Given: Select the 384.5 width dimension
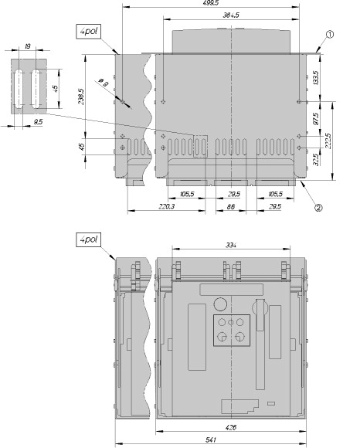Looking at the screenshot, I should click(230, 16).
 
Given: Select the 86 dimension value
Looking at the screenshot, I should click(230, 207).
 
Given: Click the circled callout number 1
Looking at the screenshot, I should click(329, 34).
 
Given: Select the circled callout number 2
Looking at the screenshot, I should click(318, 207).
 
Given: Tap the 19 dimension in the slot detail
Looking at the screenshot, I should click(28, 47).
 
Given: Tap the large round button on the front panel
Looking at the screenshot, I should click(220, 303).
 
